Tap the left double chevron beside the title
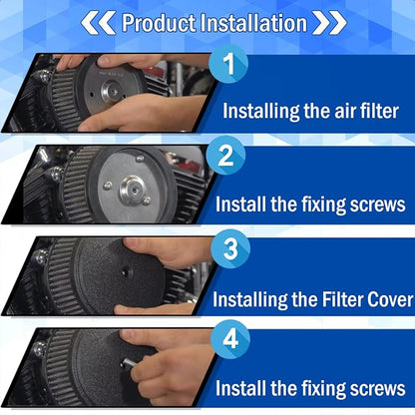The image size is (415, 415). pos(98,23)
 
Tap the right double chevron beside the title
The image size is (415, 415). pos(329,23)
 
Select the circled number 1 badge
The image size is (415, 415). pos(228,64)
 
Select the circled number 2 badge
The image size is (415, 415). pos(226,156)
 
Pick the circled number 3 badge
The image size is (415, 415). pos(230,248)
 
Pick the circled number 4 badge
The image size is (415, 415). pos(230,339)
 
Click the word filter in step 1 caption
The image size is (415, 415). pos(379,111)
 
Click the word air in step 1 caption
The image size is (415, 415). pos(345,112)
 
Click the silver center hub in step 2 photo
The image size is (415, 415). pos(134,191)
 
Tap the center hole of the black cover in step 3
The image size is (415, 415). pos(127,272)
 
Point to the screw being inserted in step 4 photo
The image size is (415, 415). pos(129,362)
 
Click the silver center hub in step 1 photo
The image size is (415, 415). pos(112,91)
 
